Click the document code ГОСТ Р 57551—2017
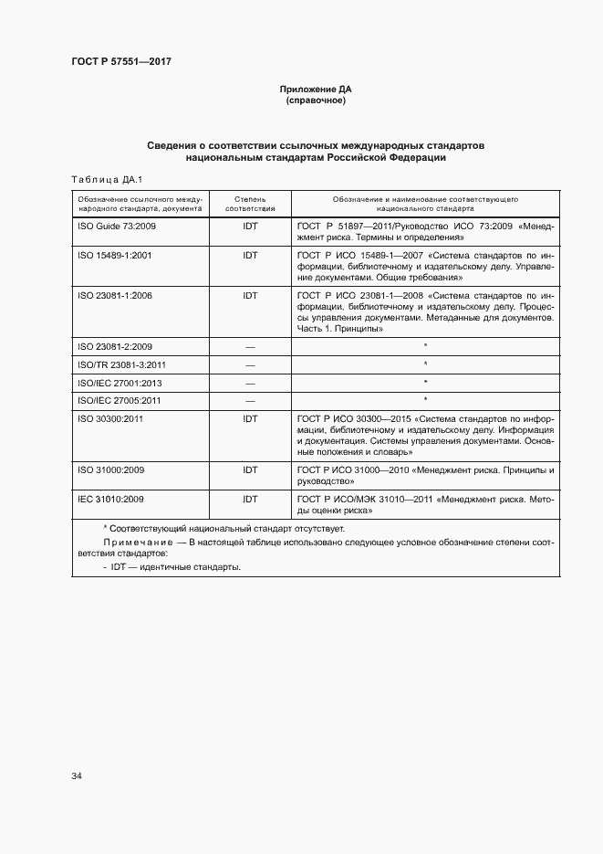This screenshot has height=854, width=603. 121,61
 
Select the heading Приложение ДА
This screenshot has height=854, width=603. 316,90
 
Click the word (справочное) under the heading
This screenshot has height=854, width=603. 316,100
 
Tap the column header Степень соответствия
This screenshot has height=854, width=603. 249,203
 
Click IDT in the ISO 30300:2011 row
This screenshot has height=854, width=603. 250,418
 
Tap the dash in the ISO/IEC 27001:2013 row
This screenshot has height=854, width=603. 250,383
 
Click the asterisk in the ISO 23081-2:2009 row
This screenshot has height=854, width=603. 425,346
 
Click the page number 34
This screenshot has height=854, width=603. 77,776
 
